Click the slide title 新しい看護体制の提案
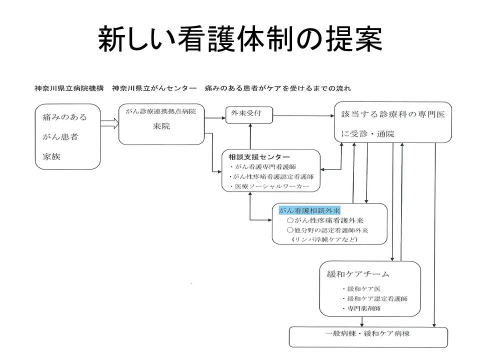[x=240, y=38]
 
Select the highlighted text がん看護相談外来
[x=309, y=210]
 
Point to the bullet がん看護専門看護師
[x=262, y=167]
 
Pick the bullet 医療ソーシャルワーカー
[x=269, y=186]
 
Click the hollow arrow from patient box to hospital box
[x=109, y=123]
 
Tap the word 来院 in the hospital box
[x=161, y=126]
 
